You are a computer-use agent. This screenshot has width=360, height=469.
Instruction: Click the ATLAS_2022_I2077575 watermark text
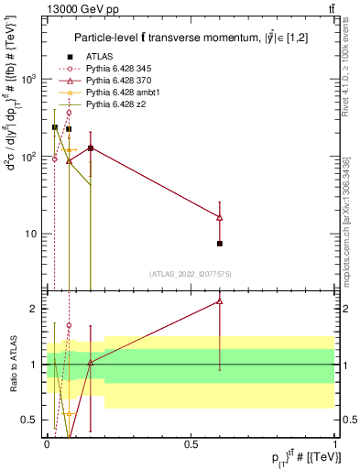pos(191,274)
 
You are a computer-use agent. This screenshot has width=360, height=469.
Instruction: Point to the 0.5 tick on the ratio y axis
pos(34,420)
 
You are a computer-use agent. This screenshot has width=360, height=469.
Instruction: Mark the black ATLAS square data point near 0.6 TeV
pos(220,244)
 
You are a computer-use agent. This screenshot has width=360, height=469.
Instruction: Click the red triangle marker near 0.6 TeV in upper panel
pos(220,217)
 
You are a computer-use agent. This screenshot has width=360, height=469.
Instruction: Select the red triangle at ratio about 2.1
pos(220,300)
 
